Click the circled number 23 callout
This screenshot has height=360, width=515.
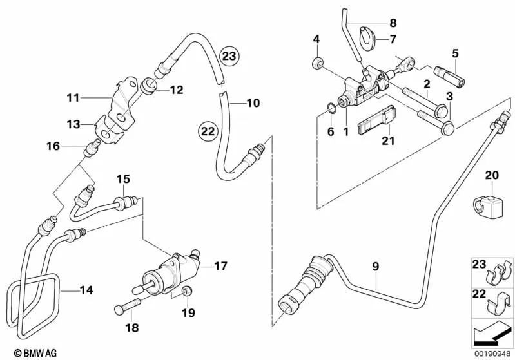pos(229,57)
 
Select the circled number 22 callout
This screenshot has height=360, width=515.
pos(208,131)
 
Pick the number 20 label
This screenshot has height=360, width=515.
pos(492,175)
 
